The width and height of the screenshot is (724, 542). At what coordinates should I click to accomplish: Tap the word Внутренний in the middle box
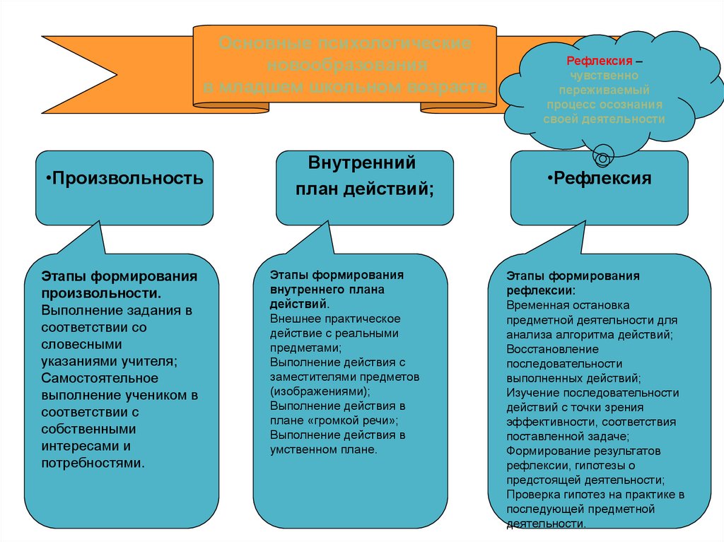coord(361,163)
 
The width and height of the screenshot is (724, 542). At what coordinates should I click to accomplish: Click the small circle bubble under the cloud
coord(603,151)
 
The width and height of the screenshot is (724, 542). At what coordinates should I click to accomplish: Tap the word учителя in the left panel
coord(151,361)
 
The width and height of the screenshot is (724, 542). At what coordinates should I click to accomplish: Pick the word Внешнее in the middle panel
coord(293,319)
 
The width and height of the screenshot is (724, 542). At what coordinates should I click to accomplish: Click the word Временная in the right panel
coord(537,305)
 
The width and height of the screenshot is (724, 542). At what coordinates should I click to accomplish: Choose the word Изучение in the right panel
coord(530,392)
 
